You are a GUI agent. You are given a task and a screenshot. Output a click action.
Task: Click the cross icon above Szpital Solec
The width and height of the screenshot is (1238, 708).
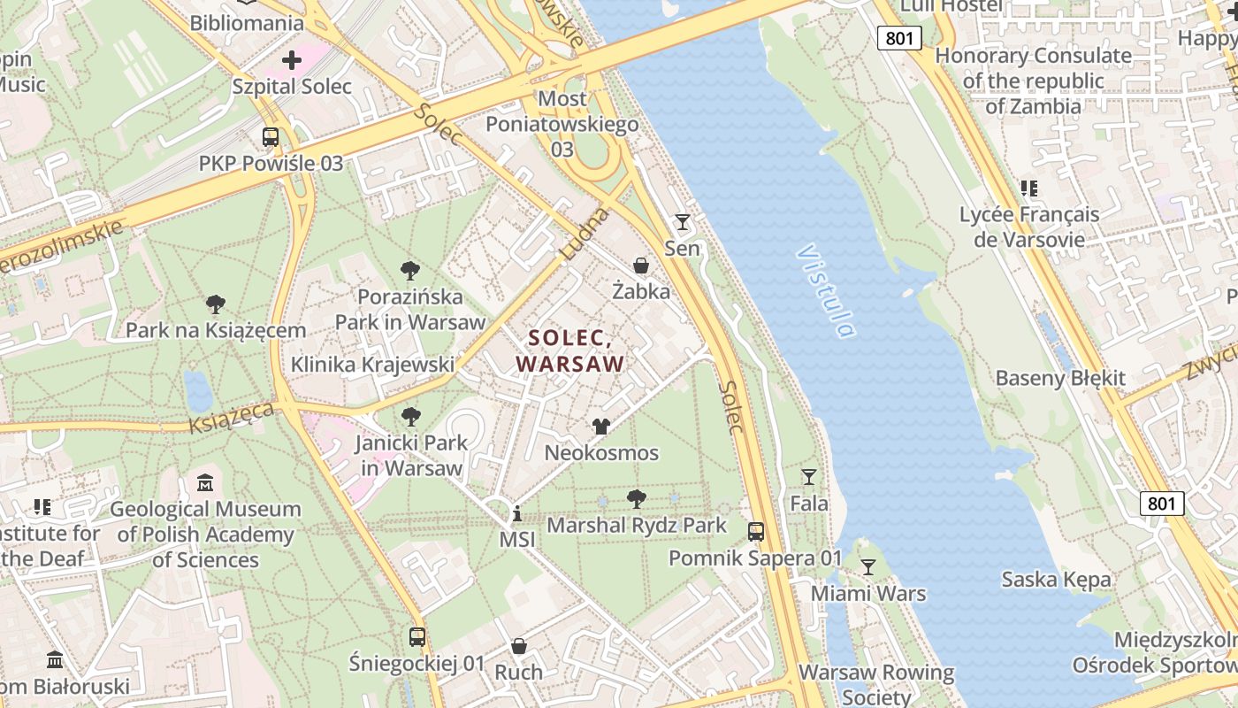[292, 60]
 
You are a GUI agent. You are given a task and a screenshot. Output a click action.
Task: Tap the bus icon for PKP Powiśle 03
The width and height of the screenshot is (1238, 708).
[271, 137]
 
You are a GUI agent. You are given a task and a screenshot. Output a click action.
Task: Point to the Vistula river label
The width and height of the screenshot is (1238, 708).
[826, 291]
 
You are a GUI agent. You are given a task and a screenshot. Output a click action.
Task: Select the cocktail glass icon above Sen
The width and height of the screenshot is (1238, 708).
[682, 221]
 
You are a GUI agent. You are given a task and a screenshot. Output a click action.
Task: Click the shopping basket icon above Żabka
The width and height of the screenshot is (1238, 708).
[641, 265]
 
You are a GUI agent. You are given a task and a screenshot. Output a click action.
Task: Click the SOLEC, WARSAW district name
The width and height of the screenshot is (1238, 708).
[570, 350]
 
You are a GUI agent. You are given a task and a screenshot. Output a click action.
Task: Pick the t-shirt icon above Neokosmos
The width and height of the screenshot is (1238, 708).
[601, 427]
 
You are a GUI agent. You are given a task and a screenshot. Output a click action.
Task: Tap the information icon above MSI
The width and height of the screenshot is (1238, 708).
[517, 513]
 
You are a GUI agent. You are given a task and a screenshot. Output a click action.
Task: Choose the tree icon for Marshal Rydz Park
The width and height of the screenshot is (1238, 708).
[636, 499]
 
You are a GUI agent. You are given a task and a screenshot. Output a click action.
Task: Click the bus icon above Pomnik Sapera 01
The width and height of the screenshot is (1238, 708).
[756, 532]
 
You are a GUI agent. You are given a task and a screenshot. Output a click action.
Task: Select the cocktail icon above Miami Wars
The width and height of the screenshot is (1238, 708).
[868, 566]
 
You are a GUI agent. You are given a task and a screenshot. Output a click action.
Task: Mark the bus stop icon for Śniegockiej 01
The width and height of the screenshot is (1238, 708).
[417, 636]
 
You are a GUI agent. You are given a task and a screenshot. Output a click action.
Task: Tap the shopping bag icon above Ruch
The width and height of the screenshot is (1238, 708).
[519, 646]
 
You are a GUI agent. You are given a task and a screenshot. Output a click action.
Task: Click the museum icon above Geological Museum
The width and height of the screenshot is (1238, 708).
[205, 483]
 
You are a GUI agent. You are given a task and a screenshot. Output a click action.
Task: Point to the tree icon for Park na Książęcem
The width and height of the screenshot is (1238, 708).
[215, 304]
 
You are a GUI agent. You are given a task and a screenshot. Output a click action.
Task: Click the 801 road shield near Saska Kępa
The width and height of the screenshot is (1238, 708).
[1161, 504]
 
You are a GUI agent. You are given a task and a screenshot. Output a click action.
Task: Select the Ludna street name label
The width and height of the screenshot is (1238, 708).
[585, 234]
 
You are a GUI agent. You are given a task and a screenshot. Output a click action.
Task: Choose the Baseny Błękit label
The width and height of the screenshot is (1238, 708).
[1060, 378]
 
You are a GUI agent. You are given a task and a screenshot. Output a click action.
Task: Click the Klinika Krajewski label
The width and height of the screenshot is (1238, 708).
[372, 364]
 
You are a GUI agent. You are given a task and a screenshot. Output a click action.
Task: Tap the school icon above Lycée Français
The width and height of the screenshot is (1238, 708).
[1029, 188]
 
